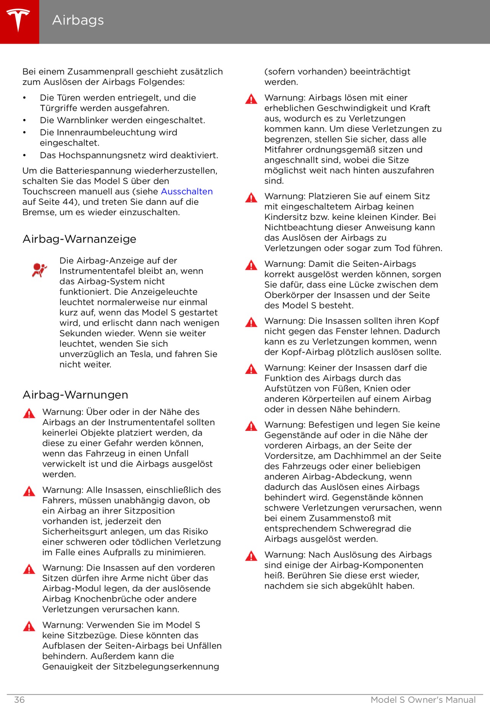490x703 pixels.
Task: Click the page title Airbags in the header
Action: (78, 20)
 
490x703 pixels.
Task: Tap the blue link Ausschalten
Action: (187, 191)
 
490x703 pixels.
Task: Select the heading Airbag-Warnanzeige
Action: (79, 239)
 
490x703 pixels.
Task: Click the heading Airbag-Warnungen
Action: (75, 395)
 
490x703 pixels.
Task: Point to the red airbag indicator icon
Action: (39, 270)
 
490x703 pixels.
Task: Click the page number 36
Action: (19, 700)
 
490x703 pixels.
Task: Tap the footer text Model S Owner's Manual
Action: (423, 700)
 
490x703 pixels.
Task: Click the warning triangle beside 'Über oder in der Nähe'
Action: (29, 413)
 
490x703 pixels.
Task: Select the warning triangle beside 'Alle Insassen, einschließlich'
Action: (29, 491)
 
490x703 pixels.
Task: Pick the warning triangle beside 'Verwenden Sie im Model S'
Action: (29, 626)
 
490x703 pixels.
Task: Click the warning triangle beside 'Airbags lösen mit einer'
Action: (251, 99)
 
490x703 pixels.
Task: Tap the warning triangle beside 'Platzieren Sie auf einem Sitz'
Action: (251, 198)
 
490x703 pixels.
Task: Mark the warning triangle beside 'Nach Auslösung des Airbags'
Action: (251, 556)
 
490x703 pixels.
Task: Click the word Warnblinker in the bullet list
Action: (81, 120)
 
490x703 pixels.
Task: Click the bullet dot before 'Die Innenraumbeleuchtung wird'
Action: (24, 133)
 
